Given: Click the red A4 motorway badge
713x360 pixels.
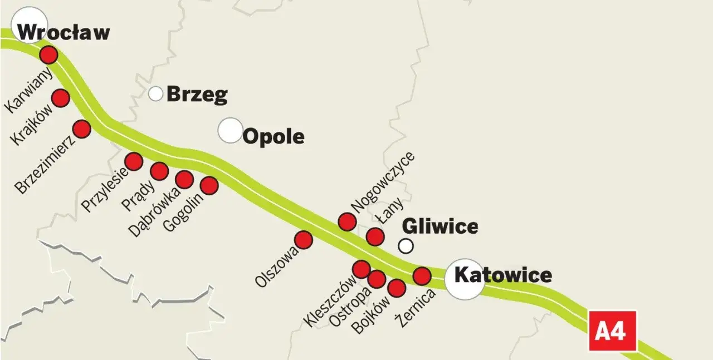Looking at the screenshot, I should click(x=612, y=331).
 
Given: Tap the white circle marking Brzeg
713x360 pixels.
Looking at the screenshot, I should click(x=156, y=93).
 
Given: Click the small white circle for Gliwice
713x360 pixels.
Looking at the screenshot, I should click(x=406, y=245).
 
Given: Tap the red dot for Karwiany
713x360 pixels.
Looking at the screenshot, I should click(x=48, y=55).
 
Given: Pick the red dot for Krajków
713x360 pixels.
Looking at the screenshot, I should click(x=60, y=98).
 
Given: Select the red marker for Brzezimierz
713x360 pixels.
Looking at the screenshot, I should click(x=81, y=129).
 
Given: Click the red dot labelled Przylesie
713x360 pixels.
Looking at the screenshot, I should click(x=134, y=161).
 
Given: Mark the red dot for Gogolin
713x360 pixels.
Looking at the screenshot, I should click(x=209, y=185).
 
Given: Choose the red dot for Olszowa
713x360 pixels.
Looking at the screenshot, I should click(x=303, y=240).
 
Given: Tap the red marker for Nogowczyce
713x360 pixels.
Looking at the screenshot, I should click(x=347, y=222).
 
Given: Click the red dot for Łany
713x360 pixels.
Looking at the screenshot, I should click(x=375, y=236).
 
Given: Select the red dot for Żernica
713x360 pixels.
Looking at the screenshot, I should click(x=422, y=275).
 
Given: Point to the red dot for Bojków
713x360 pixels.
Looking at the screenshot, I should click(x=396, y=288).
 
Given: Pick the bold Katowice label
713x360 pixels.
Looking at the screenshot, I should click(x=503, y=275).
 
